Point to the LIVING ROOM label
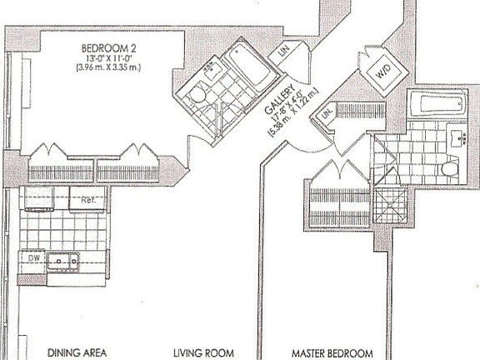tap(202, 351)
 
